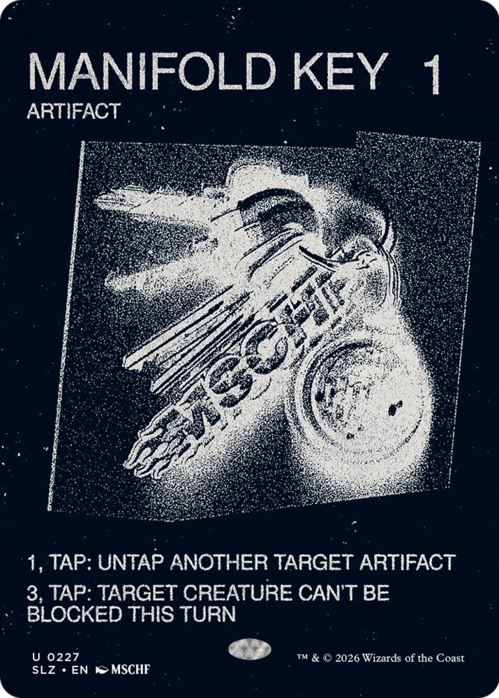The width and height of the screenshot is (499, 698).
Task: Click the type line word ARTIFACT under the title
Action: (74, 111)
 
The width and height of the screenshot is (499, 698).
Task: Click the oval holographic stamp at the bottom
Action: (250, 649)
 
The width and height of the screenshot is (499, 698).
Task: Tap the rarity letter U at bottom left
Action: (35, 657)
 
